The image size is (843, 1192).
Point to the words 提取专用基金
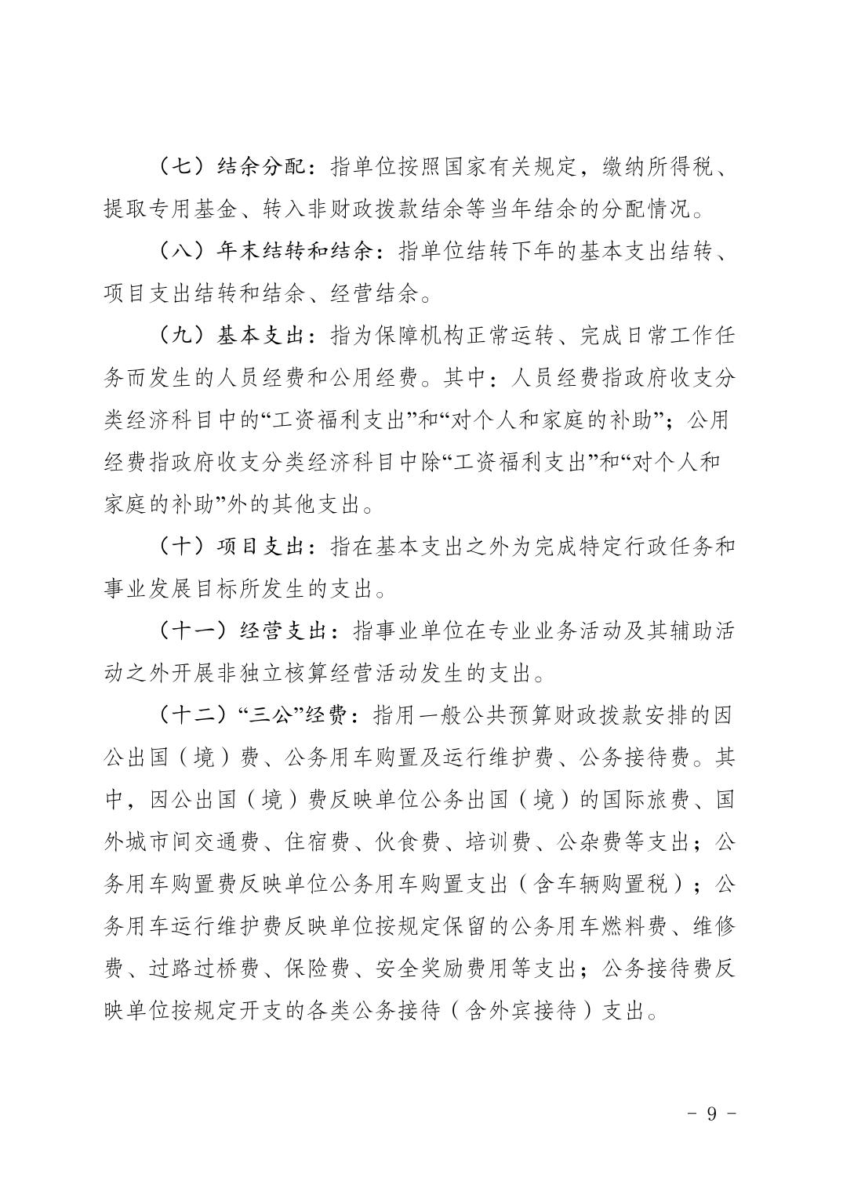166,209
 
